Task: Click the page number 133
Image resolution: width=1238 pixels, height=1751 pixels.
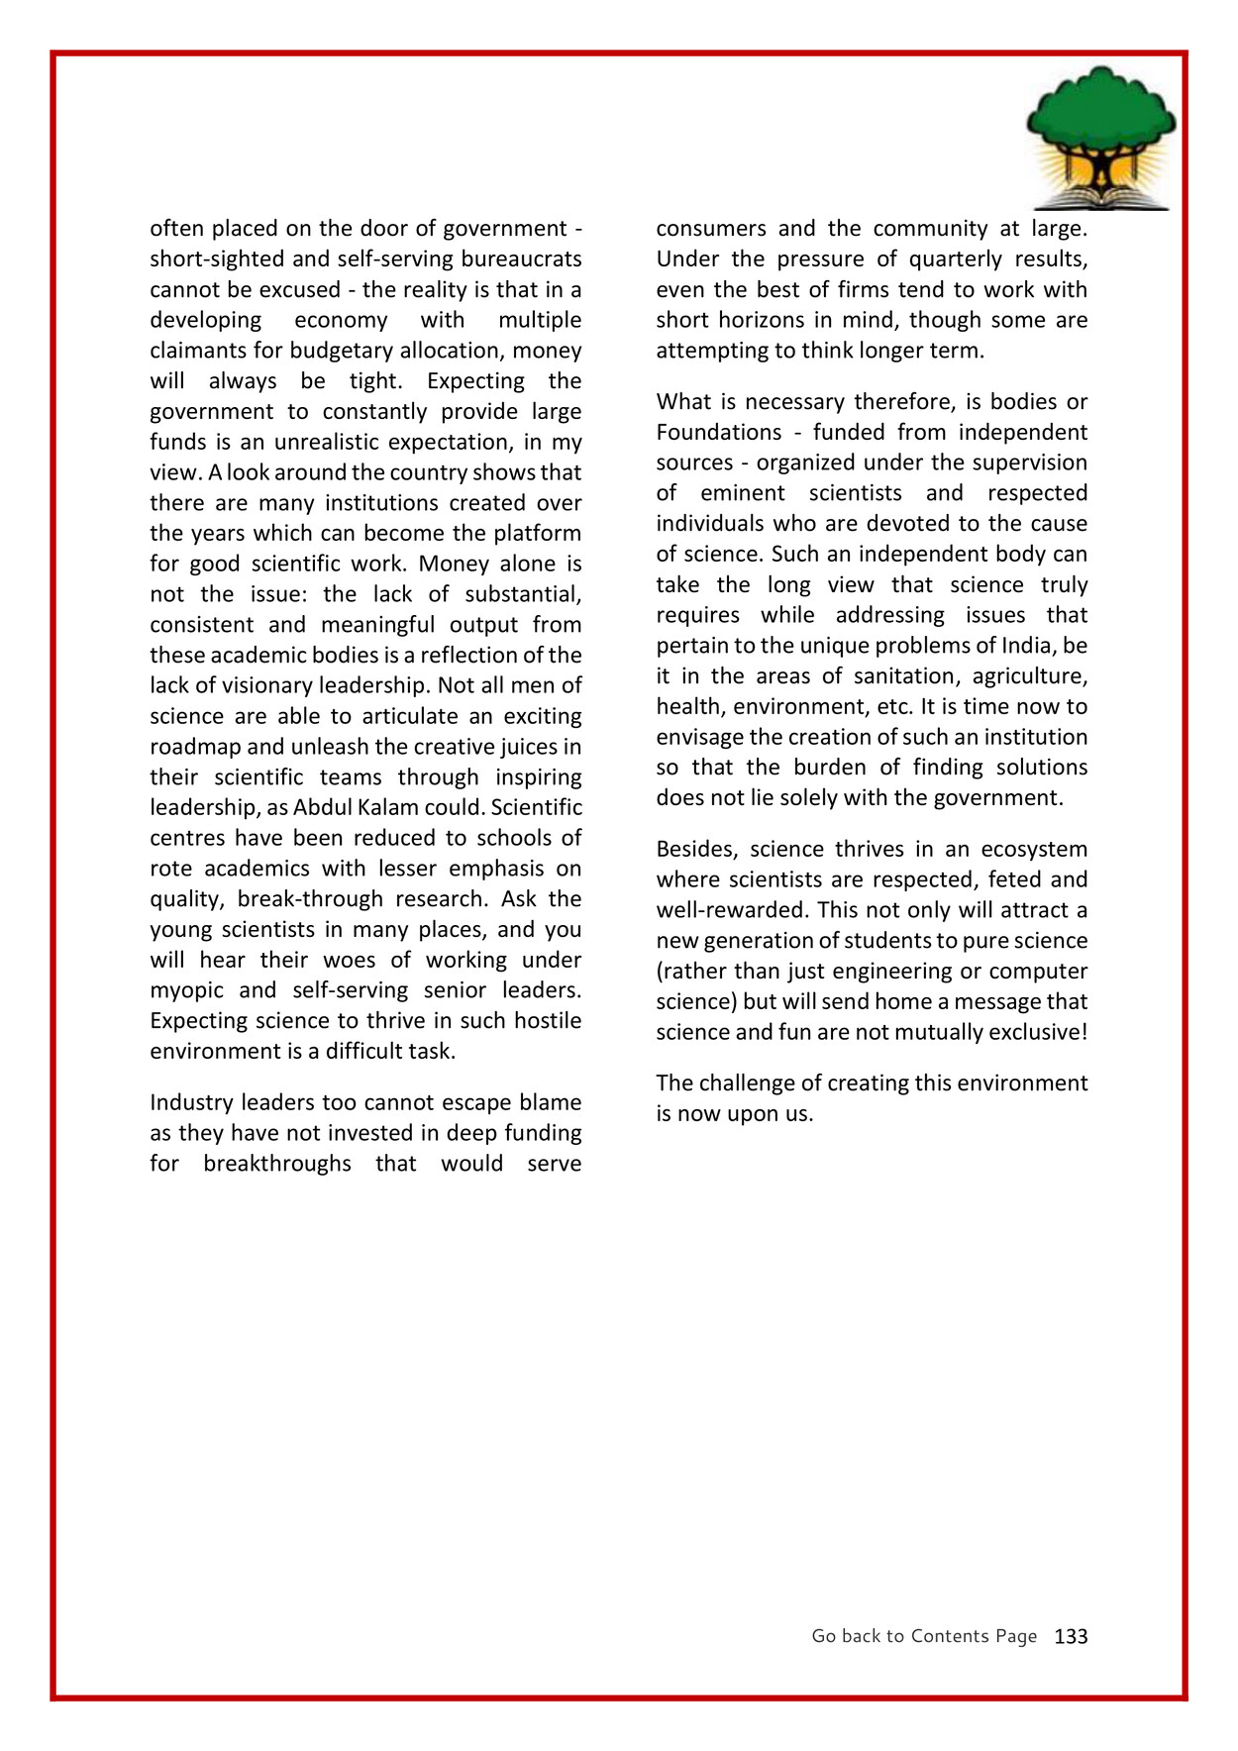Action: [x=1071, y=1636]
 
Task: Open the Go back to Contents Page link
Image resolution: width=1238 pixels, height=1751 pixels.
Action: [x=923, y=1636]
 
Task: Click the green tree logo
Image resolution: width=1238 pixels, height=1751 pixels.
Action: [x=1100, y=137]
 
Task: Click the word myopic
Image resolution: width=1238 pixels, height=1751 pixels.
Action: [x=186, y=990]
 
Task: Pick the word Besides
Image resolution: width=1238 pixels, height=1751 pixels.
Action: [x=696, y=849]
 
